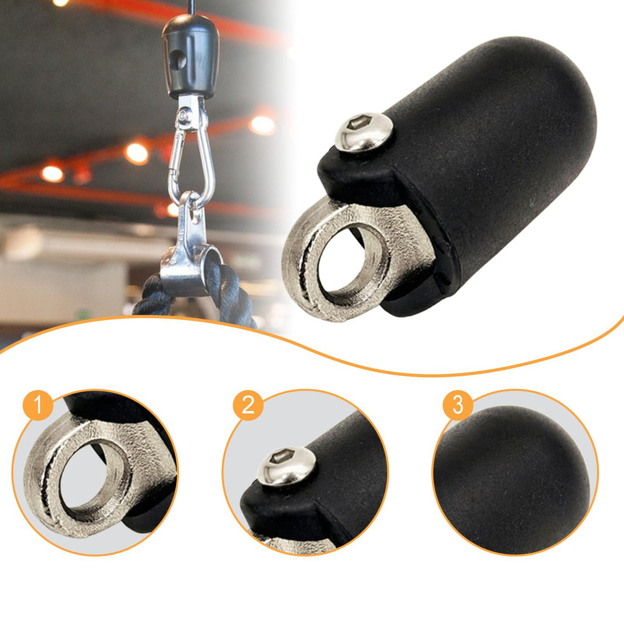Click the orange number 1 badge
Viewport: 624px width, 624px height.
[x=38, y=405]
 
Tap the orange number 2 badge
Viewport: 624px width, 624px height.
[x=249, y=405]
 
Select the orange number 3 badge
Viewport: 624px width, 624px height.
[x=458, y=405]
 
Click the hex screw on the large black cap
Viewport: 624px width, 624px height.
[x=364, y=132]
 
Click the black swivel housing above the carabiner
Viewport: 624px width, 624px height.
[x=190, y=58]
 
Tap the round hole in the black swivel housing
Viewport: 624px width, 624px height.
[x=177, y=60]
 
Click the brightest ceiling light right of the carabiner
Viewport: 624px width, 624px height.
[x=262, y=125]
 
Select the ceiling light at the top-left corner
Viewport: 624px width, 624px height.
[x=60, y=2]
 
